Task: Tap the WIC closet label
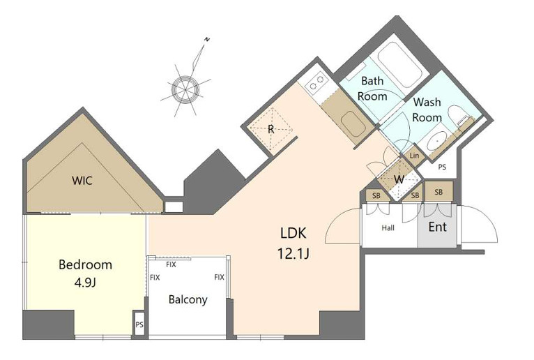(82, 180)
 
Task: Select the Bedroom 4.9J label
(85, 273)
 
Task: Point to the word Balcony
(188, 300)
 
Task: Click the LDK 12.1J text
(293, 243)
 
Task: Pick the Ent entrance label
(438, 227)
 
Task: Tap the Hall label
(388, 227)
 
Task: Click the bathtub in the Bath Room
(400, 65)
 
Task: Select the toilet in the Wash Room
(457, 118)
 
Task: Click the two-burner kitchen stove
(316, 82)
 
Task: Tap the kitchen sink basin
(352, 123)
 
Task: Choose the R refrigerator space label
(271, 130)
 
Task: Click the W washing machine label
(399, 179)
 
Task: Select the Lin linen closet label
(414, 156)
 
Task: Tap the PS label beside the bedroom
(139, 324)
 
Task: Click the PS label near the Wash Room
(442, 167)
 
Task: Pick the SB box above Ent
(438, 193)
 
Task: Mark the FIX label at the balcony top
(171, 264)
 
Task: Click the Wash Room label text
(427, 110)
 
